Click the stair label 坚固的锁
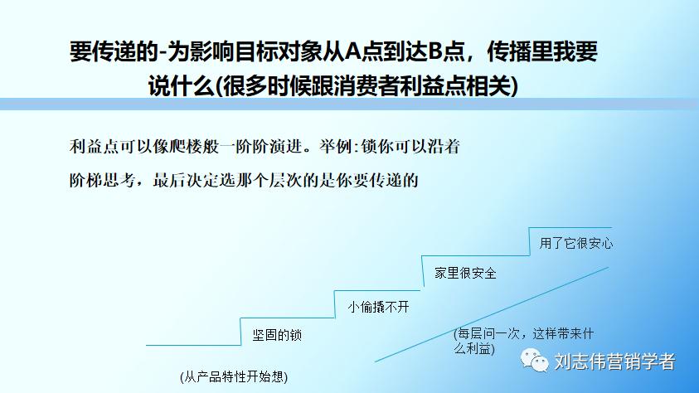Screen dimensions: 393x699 (277, 336)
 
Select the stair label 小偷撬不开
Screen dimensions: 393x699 (379, 306)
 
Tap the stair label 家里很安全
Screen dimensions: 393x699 (465, 273)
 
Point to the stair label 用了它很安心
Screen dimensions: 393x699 (576, 243)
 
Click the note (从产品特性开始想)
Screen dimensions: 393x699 (234, 376)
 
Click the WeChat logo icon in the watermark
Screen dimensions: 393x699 (533, 361)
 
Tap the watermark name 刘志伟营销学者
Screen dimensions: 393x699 (614, 361)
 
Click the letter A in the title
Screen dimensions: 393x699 (352, 53)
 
